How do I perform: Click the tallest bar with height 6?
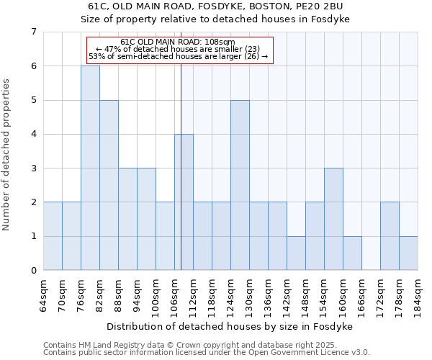(x=90, y=168)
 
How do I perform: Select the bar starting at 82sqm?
(x=109, y=185)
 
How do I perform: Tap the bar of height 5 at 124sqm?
(x=240, y=185)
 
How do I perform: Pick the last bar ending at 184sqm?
(x=408, y=253)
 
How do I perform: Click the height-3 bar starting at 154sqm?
(x=333, y=219)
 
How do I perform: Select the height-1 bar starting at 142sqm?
(x=296, y=253)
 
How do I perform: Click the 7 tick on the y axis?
(x=33, y=32)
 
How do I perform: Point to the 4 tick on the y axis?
(x=33, y=134)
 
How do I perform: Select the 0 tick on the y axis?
(x=33, y=271)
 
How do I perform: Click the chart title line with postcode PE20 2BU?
(x=215, y=6)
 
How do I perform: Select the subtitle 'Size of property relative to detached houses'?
(x=215, y=19)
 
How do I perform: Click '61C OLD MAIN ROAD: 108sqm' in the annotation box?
(x=178, y=42)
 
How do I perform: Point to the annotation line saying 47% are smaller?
(x=178, y=49)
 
